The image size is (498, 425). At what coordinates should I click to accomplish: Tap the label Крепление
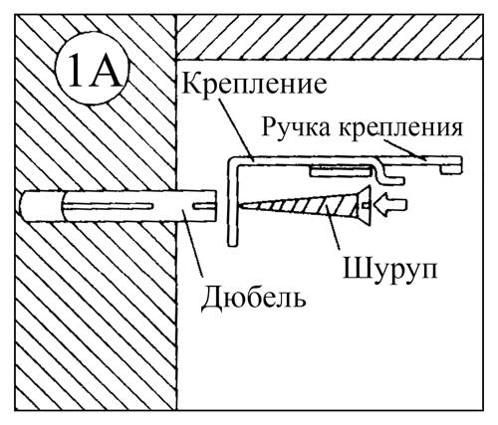(254, 85)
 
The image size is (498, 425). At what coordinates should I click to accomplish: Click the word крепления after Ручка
(400, 128)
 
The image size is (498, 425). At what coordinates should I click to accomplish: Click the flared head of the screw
(363, 206)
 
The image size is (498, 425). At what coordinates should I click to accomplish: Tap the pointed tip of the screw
(241, 206)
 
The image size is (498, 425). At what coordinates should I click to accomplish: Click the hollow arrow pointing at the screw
(390, 206)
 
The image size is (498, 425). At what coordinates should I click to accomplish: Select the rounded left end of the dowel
(25, 206)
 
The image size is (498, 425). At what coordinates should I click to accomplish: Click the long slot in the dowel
(108, 206)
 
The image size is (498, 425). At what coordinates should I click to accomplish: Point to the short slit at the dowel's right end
(203, 206)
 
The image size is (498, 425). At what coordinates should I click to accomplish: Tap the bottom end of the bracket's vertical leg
(233, 244)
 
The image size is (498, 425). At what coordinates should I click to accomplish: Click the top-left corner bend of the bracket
(231, 162)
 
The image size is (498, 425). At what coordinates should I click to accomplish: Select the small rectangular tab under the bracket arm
(340, 171)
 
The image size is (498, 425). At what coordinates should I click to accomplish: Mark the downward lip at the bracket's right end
(452, 169)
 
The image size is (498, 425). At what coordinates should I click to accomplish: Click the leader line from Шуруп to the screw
(333, 227)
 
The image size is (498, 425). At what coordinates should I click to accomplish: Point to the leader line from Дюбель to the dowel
(192, 242)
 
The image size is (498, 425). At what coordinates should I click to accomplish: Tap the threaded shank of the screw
(299, 206)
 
